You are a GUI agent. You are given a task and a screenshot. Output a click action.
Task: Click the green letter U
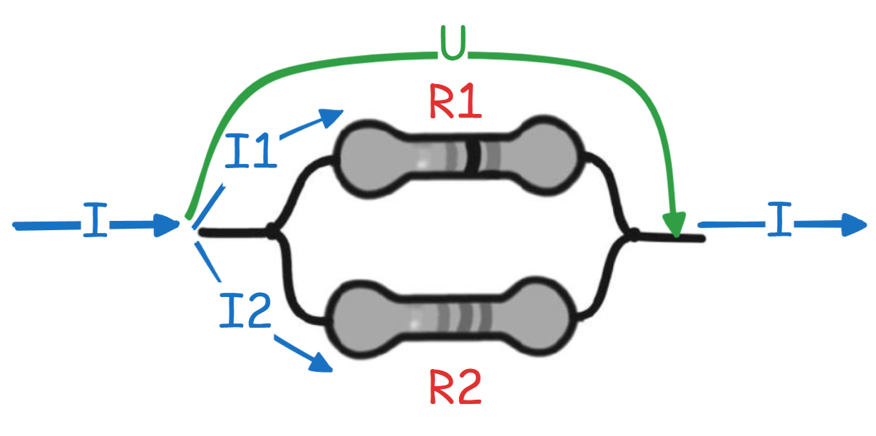pyautogui.click(x=453, y=43)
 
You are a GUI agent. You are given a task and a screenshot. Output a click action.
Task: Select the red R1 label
pyautogui.click(x=455, y=101)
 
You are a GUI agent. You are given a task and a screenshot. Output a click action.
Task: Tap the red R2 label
pyautogui.click(x=455, y=387)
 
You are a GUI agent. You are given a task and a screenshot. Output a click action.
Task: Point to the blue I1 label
pyautogui.click(x=251, y=150)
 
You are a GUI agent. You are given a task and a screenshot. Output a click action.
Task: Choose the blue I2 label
pyautogui.click(x=245, y=310)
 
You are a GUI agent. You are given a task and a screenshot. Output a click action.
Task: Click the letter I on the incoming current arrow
pyautogui.click(x=95, y=219)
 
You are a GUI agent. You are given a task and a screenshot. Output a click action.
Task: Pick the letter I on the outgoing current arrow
pyautogui.click(x=779, y=219)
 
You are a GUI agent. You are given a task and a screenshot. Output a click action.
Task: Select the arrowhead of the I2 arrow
pyautogui.click(x=321, y=363)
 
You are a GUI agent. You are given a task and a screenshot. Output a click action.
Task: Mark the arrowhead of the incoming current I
pyautogui.click(x=166, y=225)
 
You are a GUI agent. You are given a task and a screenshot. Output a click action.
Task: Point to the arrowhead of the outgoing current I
pyautogui.click(x=854, y=225)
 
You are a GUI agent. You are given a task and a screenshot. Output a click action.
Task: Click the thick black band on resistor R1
pyautogui.click(x=473, y=157)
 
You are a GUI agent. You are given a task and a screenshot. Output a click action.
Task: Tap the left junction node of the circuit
pyautogui.click(x=272, y=231)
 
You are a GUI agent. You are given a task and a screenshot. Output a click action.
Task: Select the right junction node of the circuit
pyautogui.click(x=633, y=235)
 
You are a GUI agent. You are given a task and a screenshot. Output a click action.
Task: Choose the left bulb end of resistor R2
pyautogui.click(x=362, y=319)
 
